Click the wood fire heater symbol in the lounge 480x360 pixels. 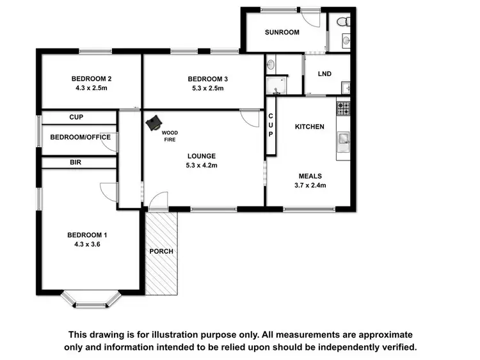click(154, 123)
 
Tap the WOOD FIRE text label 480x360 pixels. click(170, 136)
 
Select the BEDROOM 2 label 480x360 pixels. click(90, 79)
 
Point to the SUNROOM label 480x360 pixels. click(282, 32)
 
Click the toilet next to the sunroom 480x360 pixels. click(343, 22)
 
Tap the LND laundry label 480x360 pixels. click(324, 74)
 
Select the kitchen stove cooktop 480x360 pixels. click(344, 108)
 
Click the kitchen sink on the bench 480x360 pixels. click(343, 139)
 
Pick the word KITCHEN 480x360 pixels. click(309, 127)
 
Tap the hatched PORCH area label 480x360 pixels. click(161, 251)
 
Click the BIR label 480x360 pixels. click(76, 162)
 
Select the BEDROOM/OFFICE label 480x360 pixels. click(80, 137)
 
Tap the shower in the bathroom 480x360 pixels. click(278, 84)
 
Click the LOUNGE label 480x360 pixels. click(201, 155)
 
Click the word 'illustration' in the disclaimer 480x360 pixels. click(229, 334)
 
